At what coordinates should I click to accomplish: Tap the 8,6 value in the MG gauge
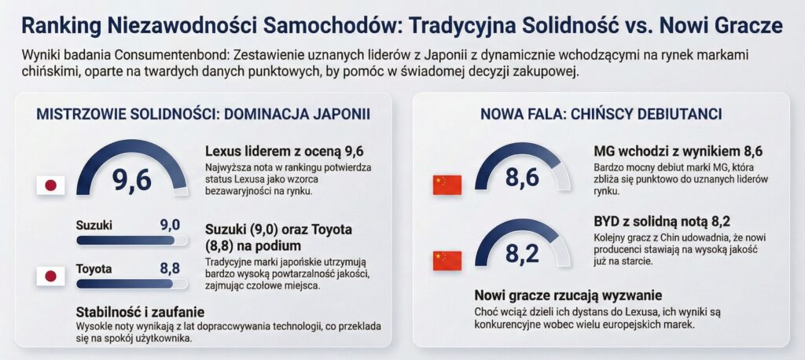pos(522,178)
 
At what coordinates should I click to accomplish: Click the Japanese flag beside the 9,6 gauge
pos(51,186)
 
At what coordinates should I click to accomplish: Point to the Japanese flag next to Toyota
pos(51,276)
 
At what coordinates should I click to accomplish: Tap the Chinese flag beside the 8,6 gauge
pos(447,185)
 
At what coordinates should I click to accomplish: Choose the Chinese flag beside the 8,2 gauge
pos(447,260)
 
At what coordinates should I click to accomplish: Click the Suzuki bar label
pos(94,226)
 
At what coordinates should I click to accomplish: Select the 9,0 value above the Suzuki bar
pos(170,226)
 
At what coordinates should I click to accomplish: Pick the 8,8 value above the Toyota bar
pos(170,269)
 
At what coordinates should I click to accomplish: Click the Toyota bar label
pos(94,269)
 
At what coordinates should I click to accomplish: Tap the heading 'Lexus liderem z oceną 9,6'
pos(284,152)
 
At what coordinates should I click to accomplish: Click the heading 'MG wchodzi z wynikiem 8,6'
pos(678,152)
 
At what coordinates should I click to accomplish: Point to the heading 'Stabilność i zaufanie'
pos(140,310)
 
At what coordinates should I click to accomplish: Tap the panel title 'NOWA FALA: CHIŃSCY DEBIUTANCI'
pos(601,114)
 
